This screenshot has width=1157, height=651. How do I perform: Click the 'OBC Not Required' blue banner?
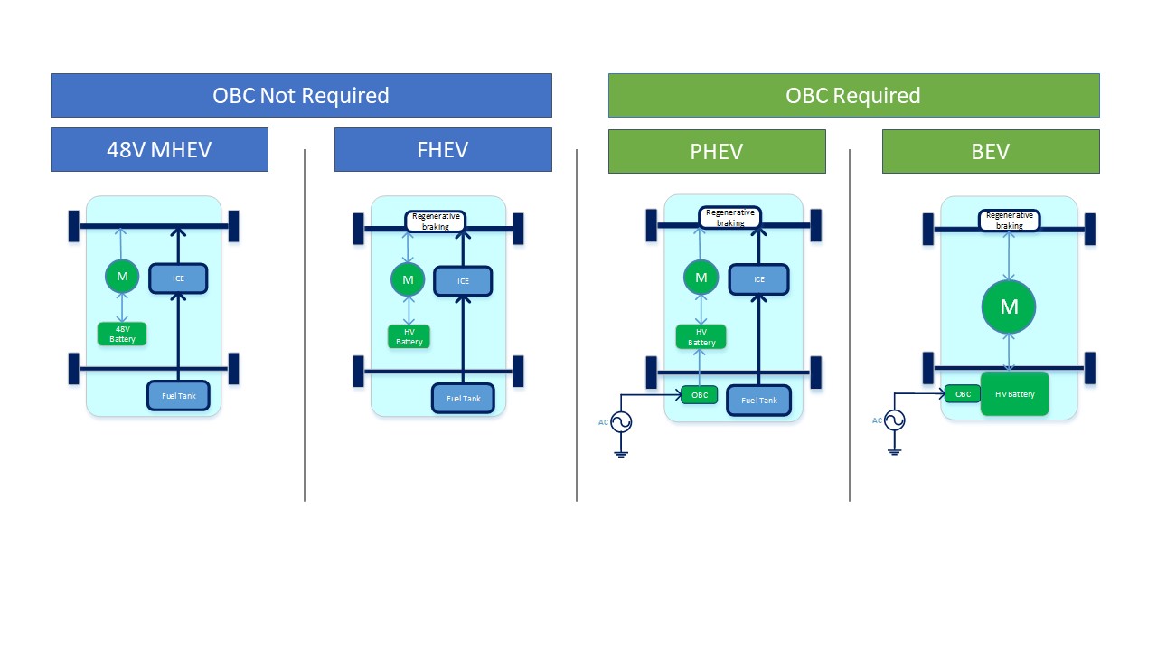301,95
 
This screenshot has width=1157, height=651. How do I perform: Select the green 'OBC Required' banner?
853,95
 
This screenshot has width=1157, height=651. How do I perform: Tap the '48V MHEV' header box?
159,149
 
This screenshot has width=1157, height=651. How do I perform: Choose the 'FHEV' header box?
443,149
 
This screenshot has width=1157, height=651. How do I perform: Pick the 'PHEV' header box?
717,151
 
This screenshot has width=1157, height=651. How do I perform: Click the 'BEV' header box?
991,151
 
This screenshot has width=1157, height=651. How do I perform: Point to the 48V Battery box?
122,334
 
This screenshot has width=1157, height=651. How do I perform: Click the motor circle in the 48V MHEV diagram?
122,276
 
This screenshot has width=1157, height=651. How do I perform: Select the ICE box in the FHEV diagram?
463,281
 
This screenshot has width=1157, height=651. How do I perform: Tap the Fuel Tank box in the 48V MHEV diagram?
178,395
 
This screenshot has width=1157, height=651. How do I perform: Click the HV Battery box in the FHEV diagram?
409,337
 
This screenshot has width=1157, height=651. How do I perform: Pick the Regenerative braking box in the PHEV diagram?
729,218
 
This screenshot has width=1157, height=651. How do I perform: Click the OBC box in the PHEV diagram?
699,394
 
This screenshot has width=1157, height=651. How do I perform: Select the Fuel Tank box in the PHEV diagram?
759,400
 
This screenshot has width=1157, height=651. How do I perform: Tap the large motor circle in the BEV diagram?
1009,307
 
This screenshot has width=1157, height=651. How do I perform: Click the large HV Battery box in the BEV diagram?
1014,393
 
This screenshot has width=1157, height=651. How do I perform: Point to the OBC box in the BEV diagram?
963,393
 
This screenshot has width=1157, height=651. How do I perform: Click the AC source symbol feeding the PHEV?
621,421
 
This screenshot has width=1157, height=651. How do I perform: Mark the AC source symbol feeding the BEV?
894,420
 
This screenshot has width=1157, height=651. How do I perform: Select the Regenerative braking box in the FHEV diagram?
435,221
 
